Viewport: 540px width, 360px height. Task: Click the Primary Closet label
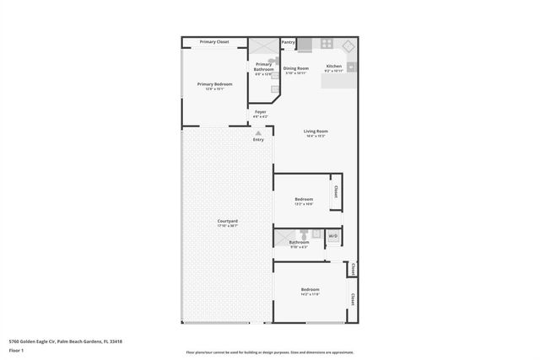[214, 41]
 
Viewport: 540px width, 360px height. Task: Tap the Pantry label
[289, 41]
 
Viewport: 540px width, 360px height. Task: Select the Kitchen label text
[333, 66]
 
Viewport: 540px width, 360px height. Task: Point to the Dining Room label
[295, 68]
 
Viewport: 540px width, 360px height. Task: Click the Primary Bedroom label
[214, 84]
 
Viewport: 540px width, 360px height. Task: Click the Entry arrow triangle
[259, 132]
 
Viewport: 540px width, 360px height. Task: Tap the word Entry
[258, 139]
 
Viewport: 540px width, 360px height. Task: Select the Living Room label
[316, 132]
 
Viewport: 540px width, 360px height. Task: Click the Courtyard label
[227, 222]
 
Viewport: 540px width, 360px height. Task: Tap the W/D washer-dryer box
[332, 236]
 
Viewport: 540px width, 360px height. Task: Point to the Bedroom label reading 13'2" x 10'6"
[303, 201]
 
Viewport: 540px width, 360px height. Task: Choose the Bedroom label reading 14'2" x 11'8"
[310, 290]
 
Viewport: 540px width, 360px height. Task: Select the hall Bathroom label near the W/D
[299, 243]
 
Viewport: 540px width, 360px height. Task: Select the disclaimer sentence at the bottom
[269, 352]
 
